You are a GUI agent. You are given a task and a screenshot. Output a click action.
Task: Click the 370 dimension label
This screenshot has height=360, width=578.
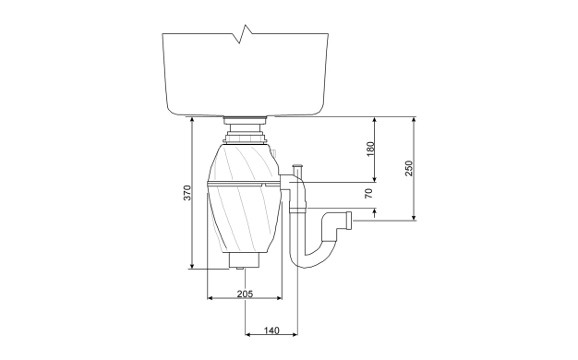click(x=187, y=193)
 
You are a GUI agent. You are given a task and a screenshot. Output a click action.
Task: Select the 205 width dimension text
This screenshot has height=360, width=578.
click(x=245, y=294)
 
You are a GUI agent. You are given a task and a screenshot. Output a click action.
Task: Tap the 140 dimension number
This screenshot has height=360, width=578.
click(x=271, y=330)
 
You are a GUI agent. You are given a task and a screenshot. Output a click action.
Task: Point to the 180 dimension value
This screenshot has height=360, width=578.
click(x=370, y=149)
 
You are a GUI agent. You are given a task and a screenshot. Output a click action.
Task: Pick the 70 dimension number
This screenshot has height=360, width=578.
click(x=369, y=193)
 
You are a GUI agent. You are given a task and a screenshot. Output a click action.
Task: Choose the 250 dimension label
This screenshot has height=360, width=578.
click(x=409, y=168)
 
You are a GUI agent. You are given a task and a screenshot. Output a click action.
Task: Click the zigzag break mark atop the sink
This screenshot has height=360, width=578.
click(x=245, y=34)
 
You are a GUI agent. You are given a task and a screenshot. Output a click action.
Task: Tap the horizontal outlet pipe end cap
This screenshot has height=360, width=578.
click(x=349, y=221)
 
